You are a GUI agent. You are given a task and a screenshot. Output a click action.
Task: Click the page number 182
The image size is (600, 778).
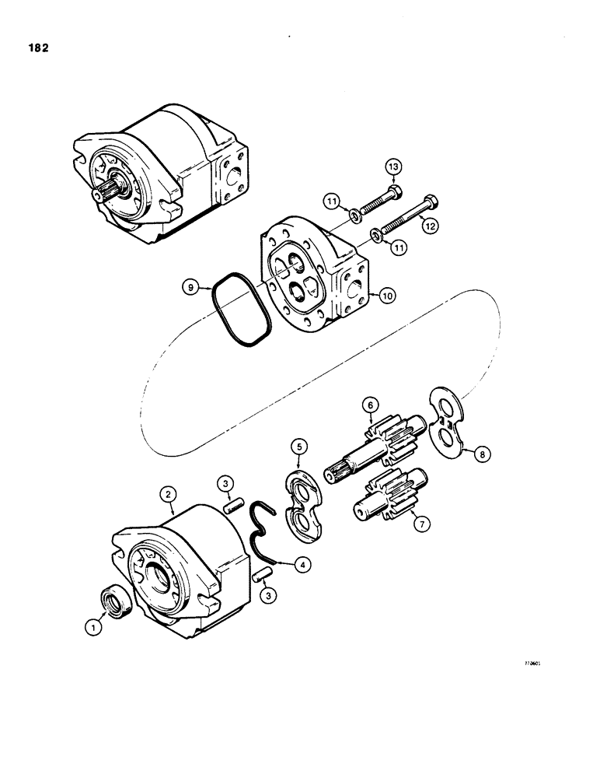pyautogui.click(x=36, y=47)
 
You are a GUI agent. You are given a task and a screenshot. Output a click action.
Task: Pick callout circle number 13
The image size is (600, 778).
pyautogui.click(x=393, y=168)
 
